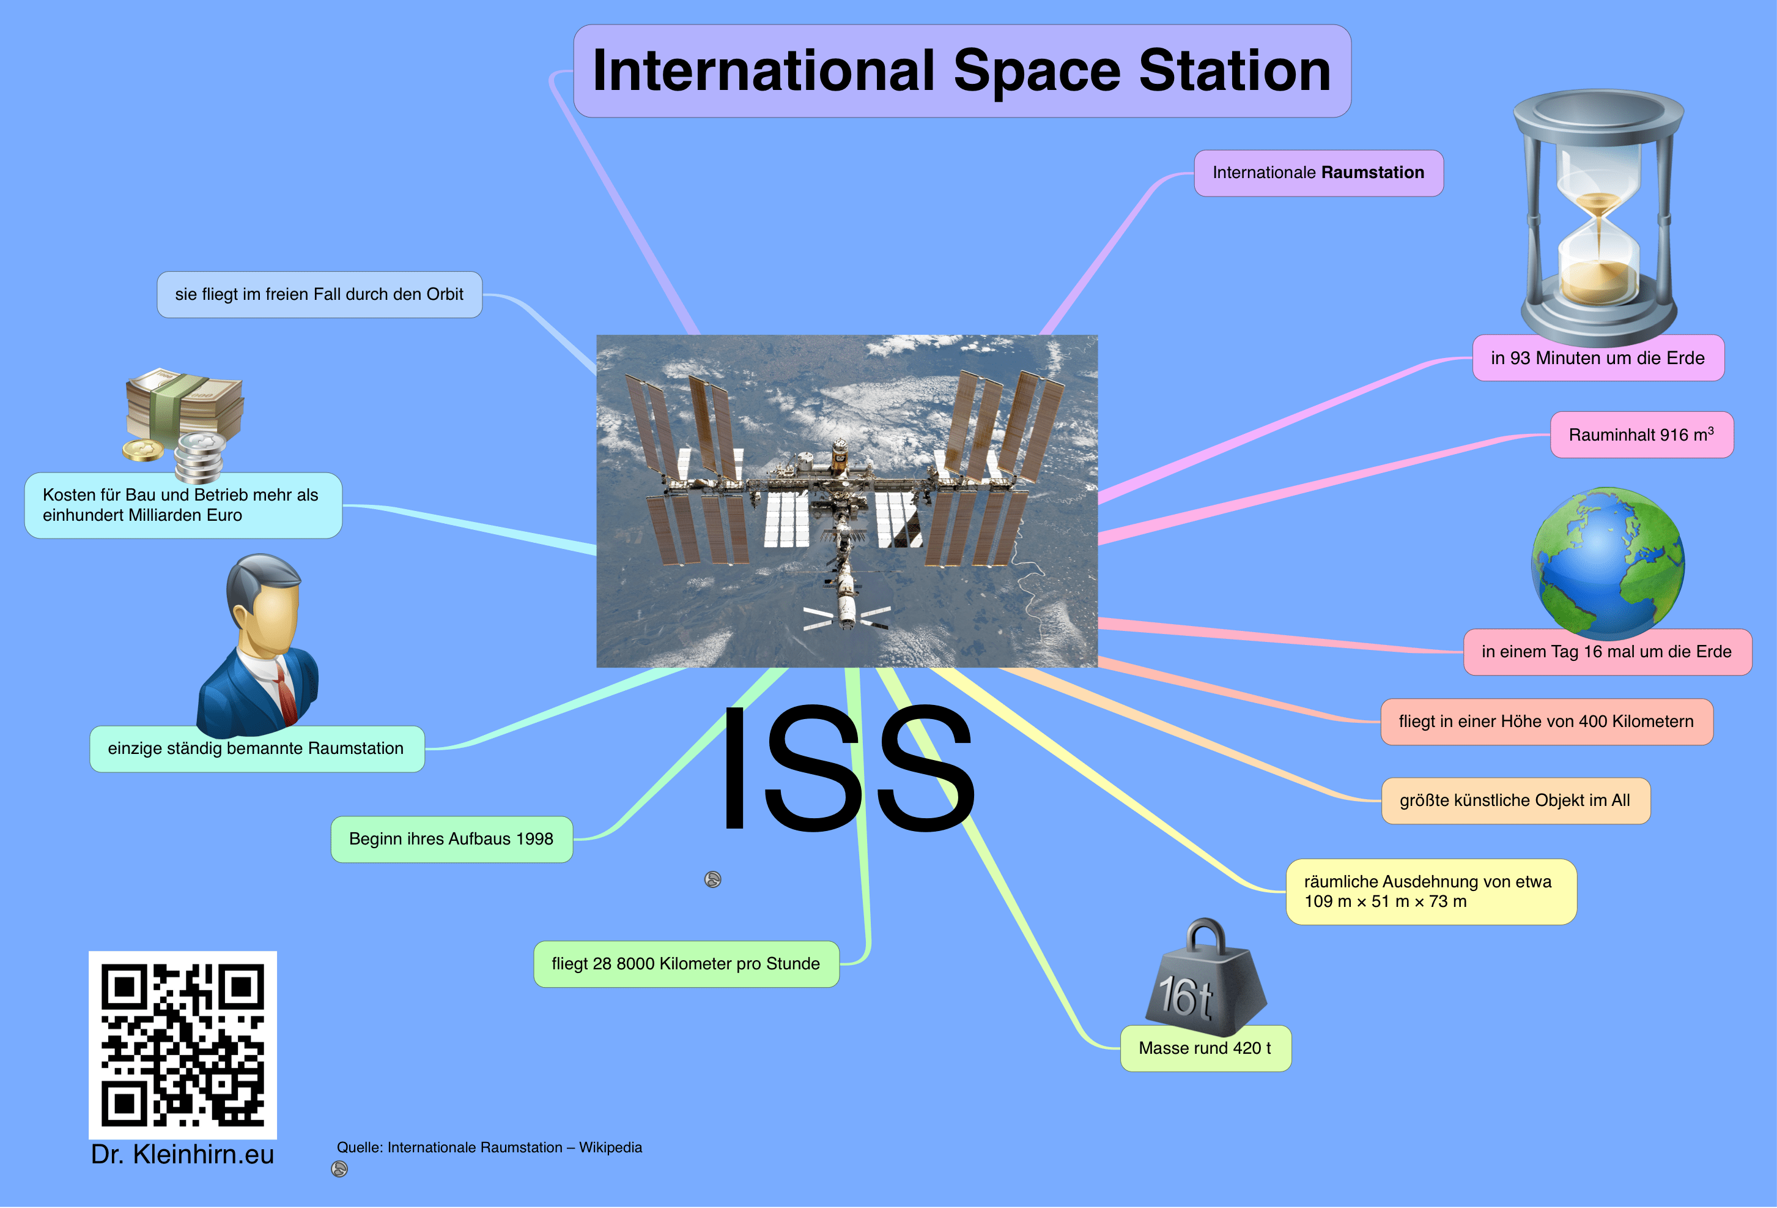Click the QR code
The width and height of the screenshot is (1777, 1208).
pyautogui.click(x=183, y=1045)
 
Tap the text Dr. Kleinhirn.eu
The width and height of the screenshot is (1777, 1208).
pyautogui.click(x=182, y=1154)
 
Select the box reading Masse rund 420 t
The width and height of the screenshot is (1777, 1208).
pyautogui.click(x=1206, y=1048)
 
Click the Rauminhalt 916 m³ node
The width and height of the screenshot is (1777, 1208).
pyautogui.click(x=1642, y=434)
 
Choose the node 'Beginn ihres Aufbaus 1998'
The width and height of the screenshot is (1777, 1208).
pyautogui.click(x=451, y=839)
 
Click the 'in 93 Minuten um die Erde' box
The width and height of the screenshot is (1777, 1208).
pyautogui.click(x=1598, y=358)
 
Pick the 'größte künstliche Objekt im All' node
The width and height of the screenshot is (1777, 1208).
pyautogui.click(x=1515, y=801)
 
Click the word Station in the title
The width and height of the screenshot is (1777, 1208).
pyautogui.click(x=1235, y=70)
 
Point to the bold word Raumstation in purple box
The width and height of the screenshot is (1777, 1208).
pyautogui.click(x=1373, y=173)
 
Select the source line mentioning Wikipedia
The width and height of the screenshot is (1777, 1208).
pyautogui.click(x=489, y=1147)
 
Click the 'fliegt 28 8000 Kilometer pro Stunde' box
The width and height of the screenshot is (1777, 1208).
pyautogui.click(x=686, y=964)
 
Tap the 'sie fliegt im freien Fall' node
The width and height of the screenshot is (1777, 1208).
pyautogui.click(x=320, y=294)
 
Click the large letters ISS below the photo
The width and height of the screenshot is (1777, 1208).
pyautogui.click(x=846, y=767)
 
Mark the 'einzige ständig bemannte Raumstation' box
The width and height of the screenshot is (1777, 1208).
pyautogui.click(x=257, y=749)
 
